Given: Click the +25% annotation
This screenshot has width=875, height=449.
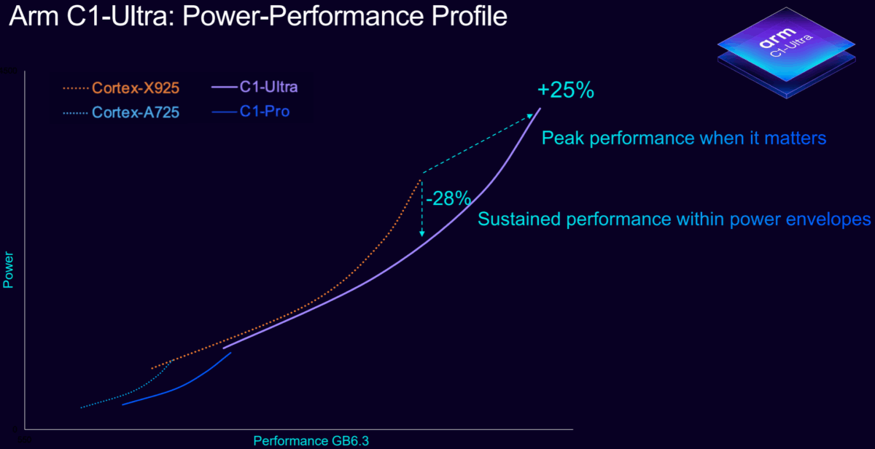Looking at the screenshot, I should click(x=565, y=91).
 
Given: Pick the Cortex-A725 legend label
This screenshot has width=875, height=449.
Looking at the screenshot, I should click(x=136, y=113).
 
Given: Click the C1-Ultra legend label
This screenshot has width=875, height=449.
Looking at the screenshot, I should click(x=268, y=87).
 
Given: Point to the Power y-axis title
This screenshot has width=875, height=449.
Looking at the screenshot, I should click(x=9, y=270).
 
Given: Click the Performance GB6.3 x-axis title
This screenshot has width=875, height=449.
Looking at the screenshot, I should click(x=306, y=440).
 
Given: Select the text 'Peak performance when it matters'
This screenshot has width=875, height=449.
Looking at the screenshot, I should click(x=684, y=138).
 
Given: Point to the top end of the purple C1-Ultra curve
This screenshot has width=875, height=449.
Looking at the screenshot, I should click(x=540, y=109).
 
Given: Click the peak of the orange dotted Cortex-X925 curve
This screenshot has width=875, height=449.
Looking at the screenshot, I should click(x=421, y=179).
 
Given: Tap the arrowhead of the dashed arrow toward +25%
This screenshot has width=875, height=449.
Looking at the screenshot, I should click(x=532, y=115).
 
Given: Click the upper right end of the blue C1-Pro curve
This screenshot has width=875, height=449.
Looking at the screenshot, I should click(x=231, y=353).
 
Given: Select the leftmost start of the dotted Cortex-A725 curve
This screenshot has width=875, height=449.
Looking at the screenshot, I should click(x=81, y=407).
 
